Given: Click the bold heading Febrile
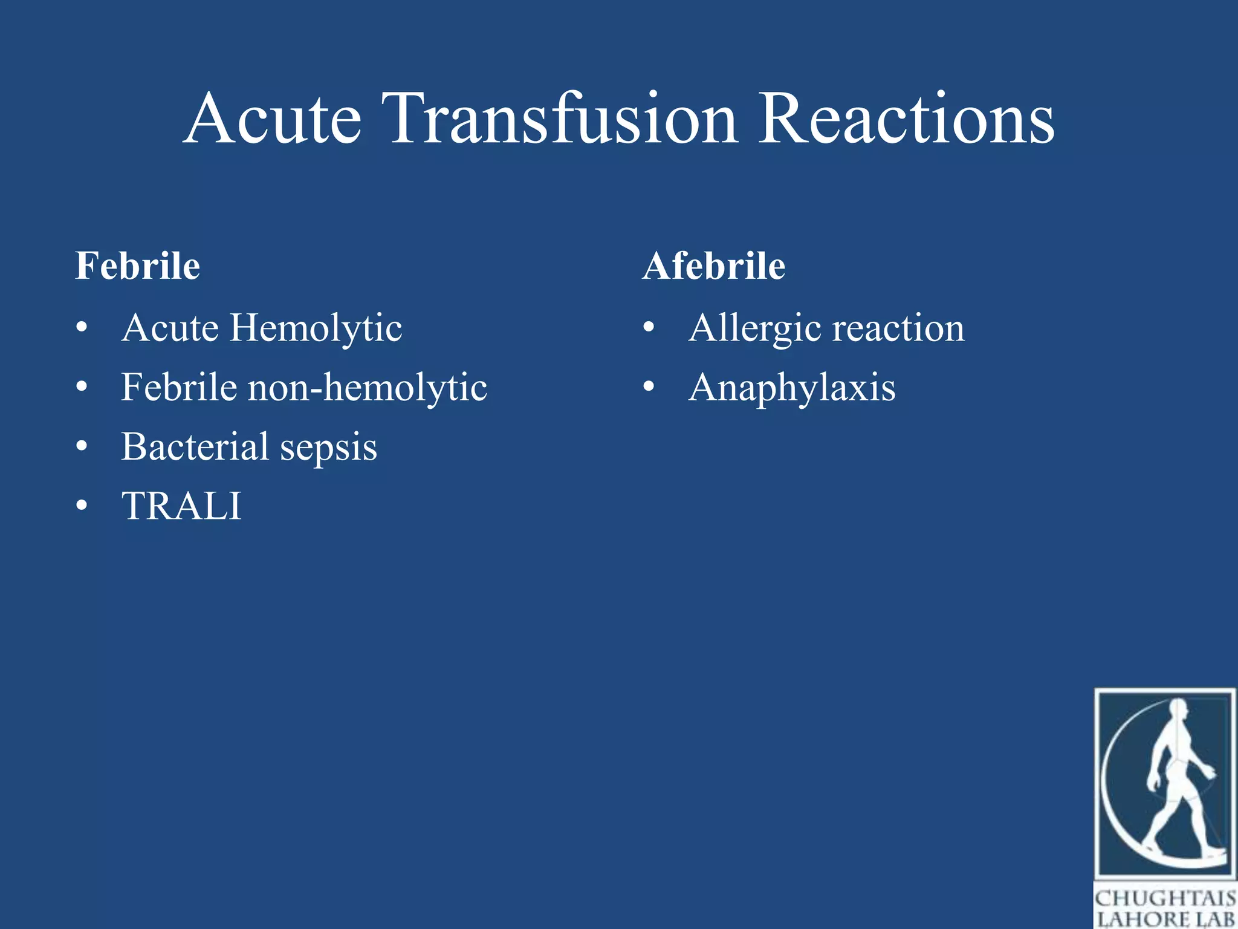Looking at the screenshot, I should [137, 266].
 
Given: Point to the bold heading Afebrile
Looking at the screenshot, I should [714, 266].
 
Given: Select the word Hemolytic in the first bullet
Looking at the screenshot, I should [316, 328].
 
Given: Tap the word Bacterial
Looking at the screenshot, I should [195, 447].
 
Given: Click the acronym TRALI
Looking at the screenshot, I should [181, 506].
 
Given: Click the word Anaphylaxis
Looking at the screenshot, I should [792, 388].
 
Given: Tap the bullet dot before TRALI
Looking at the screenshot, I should [82, 506].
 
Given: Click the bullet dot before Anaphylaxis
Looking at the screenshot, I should [649, 386].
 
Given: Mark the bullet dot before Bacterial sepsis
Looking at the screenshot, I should [82, 447].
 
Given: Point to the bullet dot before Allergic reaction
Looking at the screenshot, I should [649, 327].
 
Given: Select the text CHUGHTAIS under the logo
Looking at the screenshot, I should [1165, 899].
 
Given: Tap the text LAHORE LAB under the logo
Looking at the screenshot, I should [1165, 919].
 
